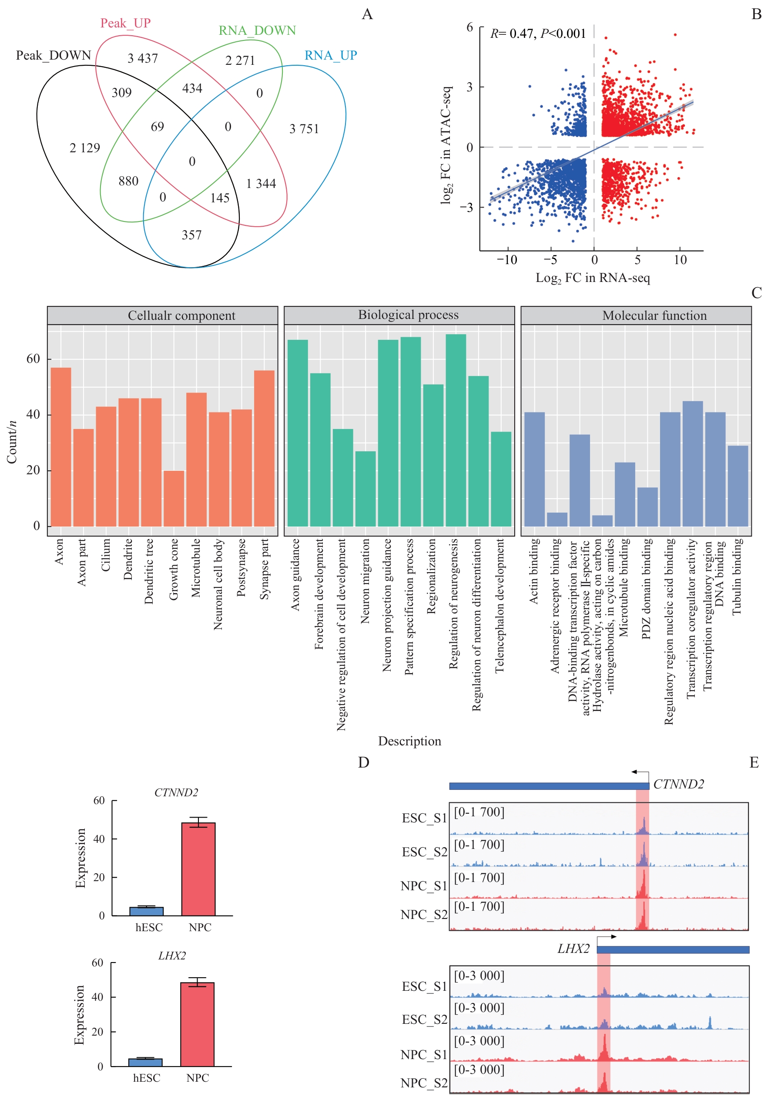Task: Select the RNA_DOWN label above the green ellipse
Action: [257, 30]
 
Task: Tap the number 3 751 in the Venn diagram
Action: [304, 129]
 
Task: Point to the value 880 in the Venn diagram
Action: [128, 181]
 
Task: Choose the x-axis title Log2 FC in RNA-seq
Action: [592, 278]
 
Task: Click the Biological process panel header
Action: [408, 315]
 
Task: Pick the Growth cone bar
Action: [174, 498]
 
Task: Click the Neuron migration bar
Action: [365, 489]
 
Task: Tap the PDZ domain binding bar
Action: [647, 507]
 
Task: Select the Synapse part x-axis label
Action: [265, 569]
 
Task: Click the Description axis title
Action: [409, 741]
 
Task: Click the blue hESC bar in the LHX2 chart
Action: [145, 1062]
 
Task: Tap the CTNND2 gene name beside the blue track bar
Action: [678, 784]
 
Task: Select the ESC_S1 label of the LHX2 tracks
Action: [424, 986]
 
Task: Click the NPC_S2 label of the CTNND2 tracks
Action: [424, 915]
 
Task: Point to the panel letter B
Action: [756, 14]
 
